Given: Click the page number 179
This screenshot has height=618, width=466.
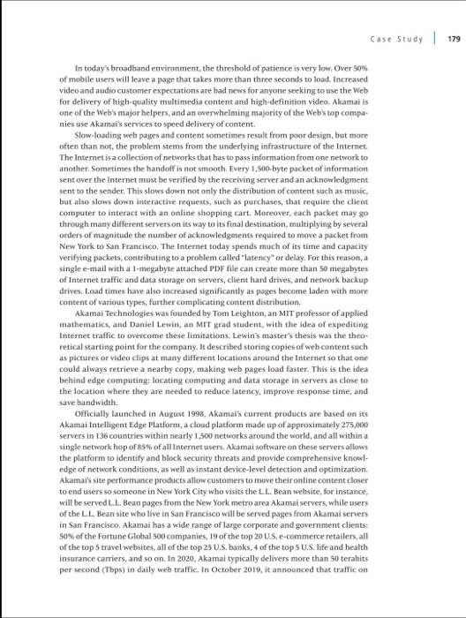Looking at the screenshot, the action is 453,38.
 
